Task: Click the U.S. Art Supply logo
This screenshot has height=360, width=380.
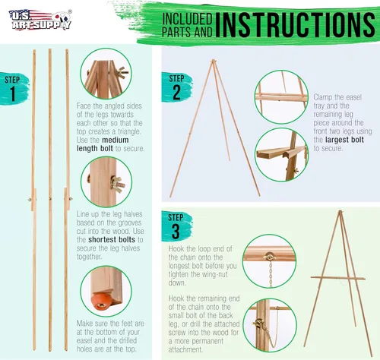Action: click(x=40, y=20)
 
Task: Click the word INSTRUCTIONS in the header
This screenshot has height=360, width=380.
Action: click(x=296, y=24)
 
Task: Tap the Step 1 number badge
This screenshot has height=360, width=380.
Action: click(x=14, y=89)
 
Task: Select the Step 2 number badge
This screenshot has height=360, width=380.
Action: click(x=176, y=87)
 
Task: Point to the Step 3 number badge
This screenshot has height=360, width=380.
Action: click(x=176, y=226)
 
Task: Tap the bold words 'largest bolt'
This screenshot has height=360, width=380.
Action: click(x=344, y=140)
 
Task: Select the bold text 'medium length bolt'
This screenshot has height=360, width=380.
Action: click(x=103, y=144)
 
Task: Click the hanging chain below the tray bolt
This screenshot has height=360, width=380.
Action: click(x=271, y=274)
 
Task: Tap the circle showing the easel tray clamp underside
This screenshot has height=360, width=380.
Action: click(x=281, y=154)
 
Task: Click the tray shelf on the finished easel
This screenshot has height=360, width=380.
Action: click(x=338, y=278)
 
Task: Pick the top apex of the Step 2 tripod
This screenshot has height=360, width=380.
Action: click(x=214, y=60)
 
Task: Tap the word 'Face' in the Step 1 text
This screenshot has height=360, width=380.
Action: click(x=84, y=106)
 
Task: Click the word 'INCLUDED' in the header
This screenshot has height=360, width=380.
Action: click(x=187, y=19)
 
